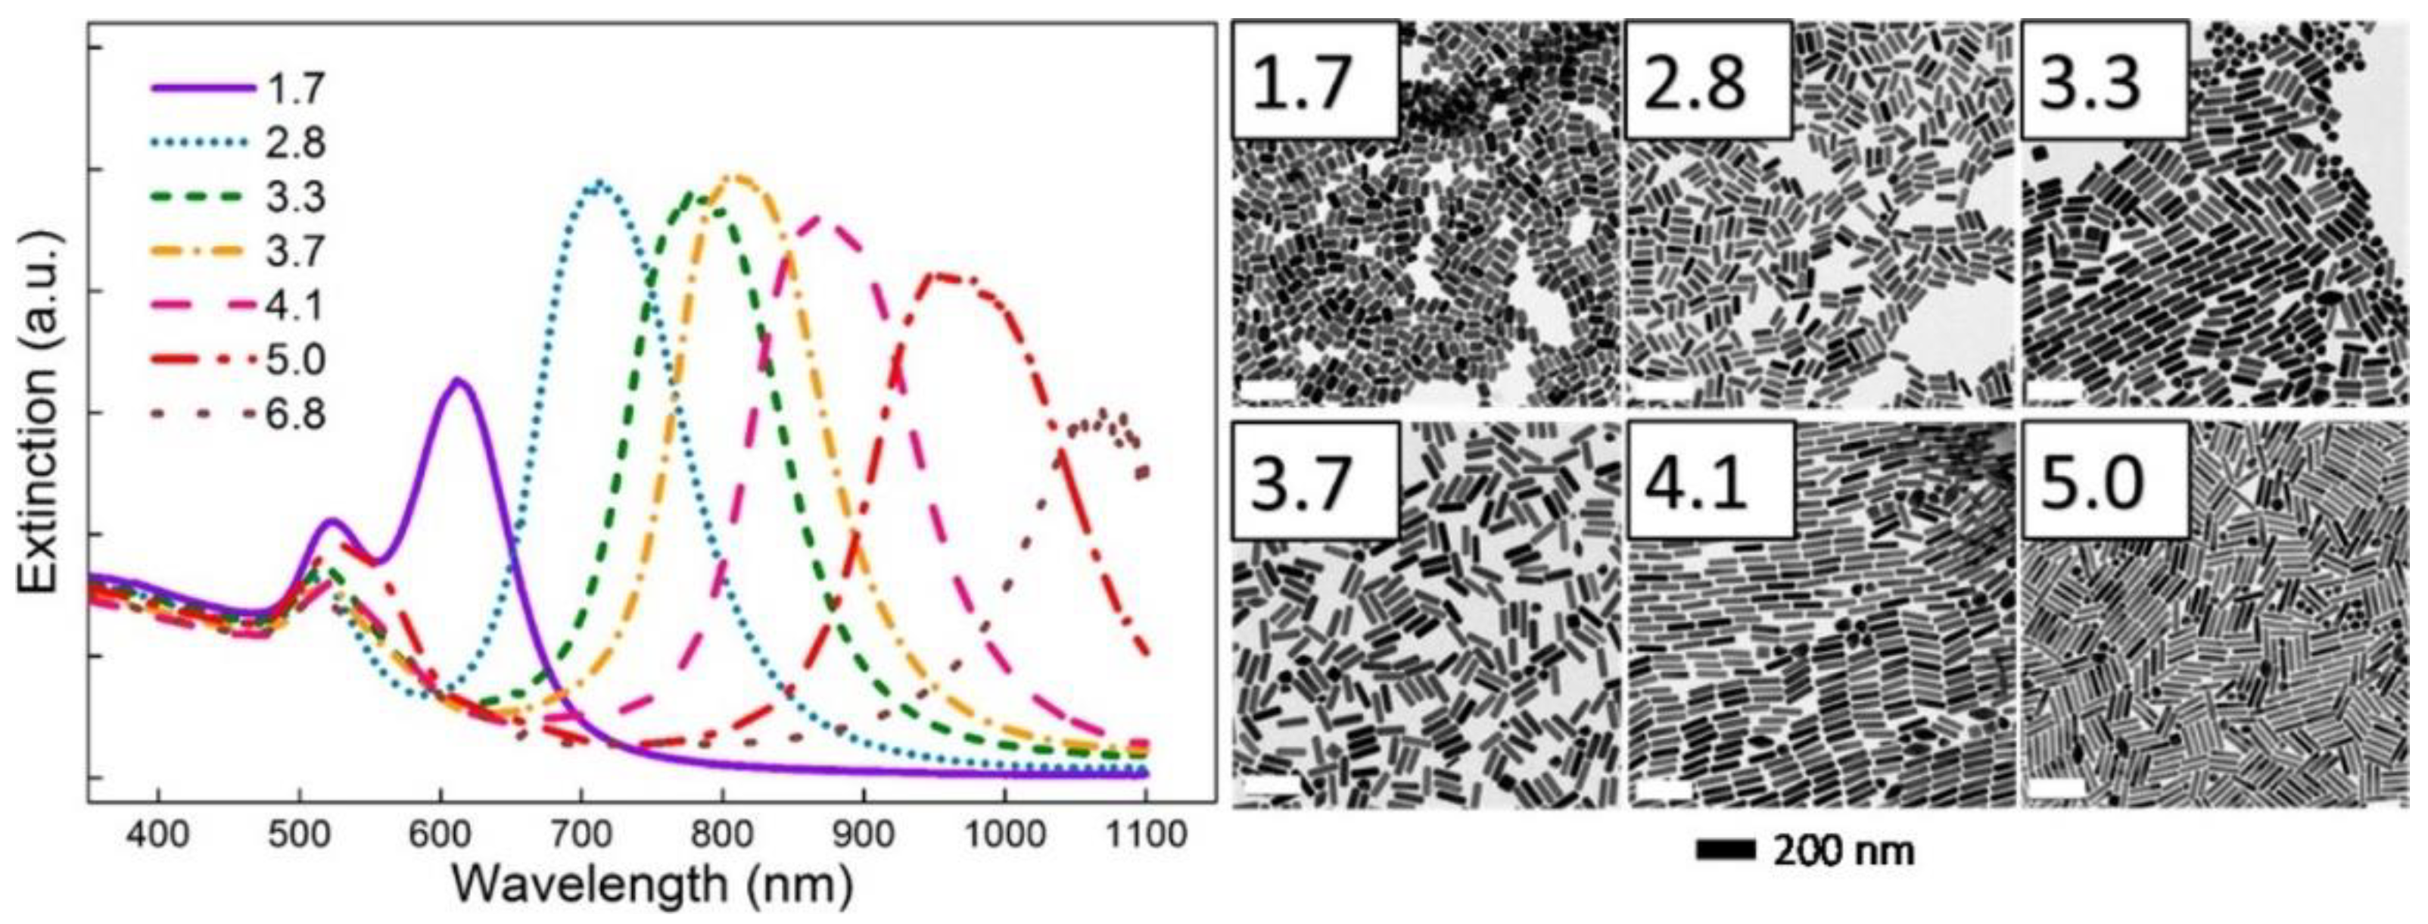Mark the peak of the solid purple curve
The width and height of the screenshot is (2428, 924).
tap(459, 380)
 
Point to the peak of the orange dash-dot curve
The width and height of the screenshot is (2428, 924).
tap(738, 176)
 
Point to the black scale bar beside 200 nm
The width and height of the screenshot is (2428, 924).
tap(1726, 851)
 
